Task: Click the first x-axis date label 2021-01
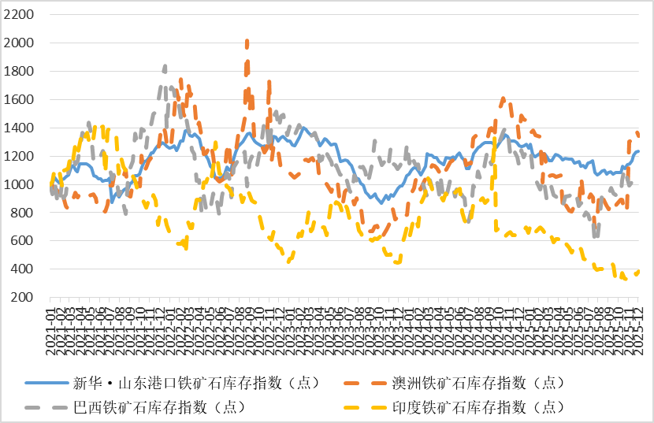tap(50, 325)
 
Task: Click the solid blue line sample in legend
tap(46, 384)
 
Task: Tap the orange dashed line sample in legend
tap(366, 384)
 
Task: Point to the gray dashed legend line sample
tap(46, 407)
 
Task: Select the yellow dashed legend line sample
tap(366, 407)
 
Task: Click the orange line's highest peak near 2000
tap(247, 42)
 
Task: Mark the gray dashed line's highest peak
tap(164, 67)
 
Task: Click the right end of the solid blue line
tap(638, 151)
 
